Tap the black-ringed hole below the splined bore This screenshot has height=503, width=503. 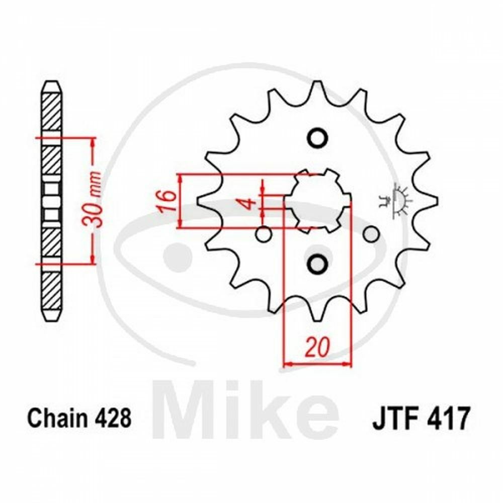(317, 262)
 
